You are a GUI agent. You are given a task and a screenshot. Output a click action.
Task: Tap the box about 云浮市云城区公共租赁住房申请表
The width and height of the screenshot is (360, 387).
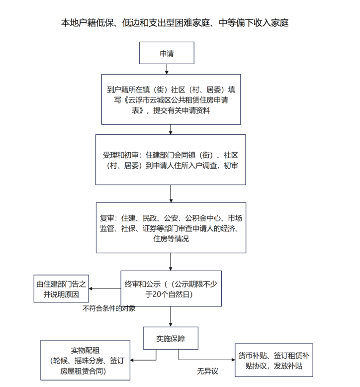171,99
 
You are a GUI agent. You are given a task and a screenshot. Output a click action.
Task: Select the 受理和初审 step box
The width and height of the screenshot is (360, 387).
171,160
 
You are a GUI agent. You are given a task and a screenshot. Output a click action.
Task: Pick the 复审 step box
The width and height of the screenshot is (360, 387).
171,228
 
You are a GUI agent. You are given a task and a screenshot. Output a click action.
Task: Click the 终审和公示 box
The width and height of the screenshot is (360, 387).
171,288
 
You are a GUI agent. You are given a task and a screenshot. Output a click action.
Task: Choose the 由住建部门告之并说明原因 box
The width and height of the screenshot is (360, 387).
61,289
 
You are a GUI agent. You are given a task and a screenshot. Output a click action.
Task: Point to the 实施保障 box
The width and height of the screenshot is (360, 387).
171,339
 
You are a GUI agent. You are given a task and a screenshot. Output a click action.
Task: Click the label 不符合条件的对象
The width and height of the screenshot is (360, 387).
109,308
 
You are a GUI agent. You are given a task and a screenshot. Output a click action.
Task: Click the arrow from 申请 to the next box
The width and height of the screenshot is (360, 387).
171,70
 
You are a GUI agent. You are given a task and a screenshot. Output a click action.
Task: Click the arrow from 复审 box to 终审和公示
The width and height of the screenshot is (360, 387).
171,262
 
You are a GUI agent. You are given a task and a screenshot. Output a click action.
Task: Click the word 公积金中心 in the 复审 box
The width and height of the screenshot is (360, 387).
205,218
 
